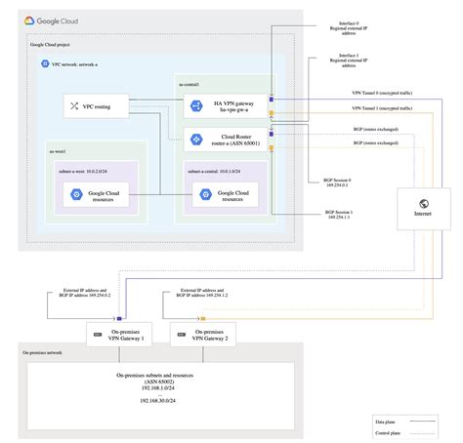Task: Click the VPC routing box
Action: pyautogui.click(x=94, y=105)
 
